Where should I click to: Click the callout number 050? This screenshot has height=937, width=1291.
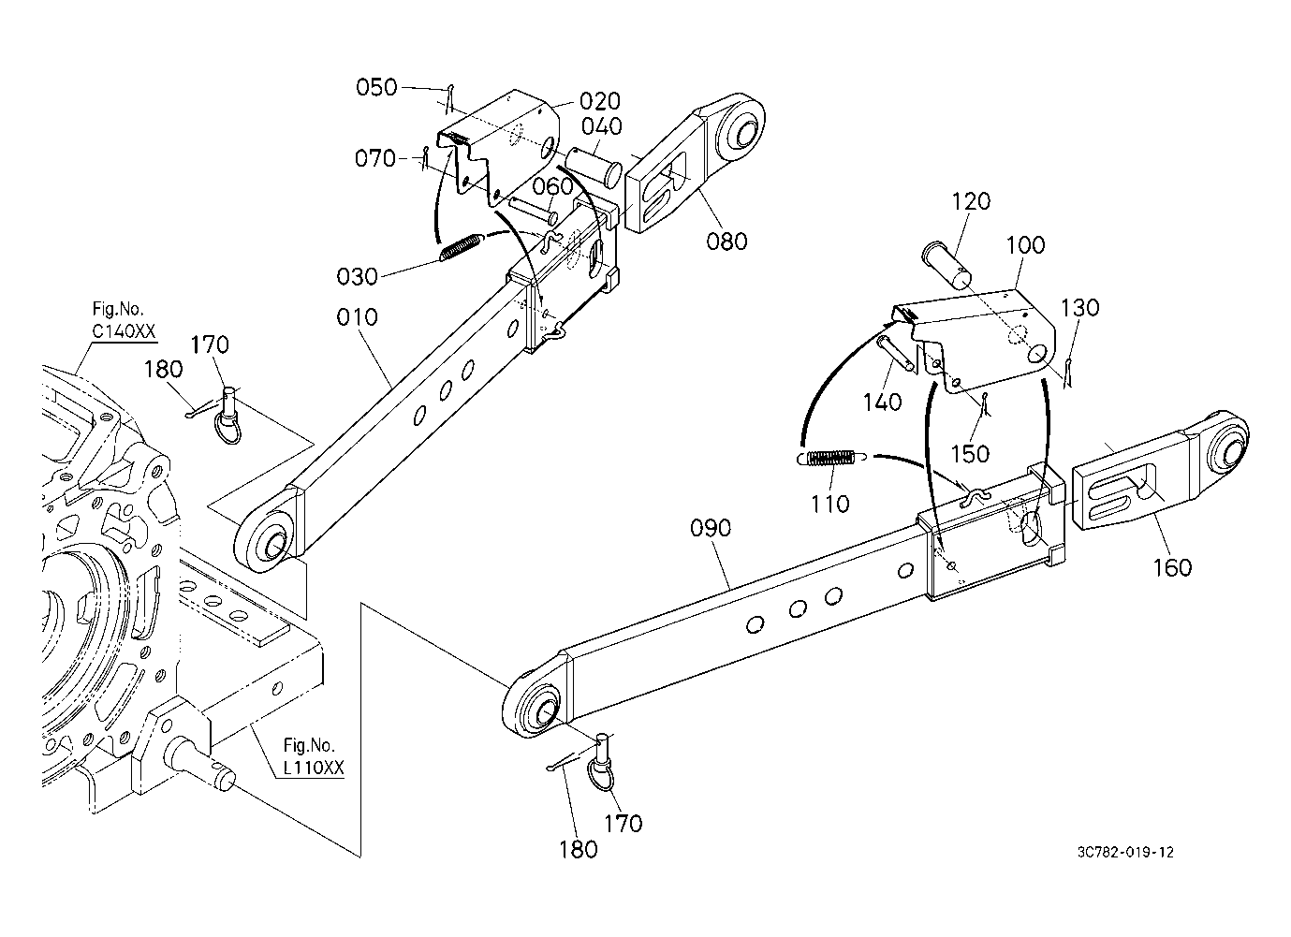point(376,88)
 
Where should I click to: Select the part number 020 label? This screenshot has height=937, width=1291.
point(600,101)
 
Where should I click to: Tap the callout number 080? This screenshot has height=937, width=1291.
point(726,242)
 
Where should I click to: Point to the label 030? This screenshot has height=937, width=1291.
point(358,277)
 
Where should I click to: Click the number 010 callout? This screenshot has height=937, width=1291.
point(358,317)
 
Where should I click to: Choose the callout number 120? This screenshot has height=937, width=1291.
point(971,201)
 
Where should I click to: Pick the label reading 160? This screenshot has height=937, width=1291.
point(1172,568)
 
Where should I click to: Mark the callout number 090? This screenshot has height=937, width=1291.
point(711,528)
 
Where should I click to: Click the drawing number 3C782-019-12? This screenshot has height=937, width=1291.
point(1125,853)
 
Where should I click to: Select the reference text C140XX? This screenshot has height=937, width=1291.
point(124,331)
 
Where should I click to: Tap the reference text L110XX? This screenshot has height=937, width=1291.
point(314,768)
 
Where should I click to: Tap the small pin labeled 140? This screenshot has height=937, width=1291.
point(896,353)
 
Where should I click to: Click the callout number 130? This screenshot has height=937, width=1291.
point(1080,308)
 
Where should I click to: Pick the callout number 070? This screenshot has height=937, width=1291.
point(375,158)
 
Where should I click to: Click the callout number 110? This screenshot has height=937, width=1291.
point(829,505)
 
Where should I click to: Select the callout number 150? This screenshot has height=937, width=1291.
point(970,454)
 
